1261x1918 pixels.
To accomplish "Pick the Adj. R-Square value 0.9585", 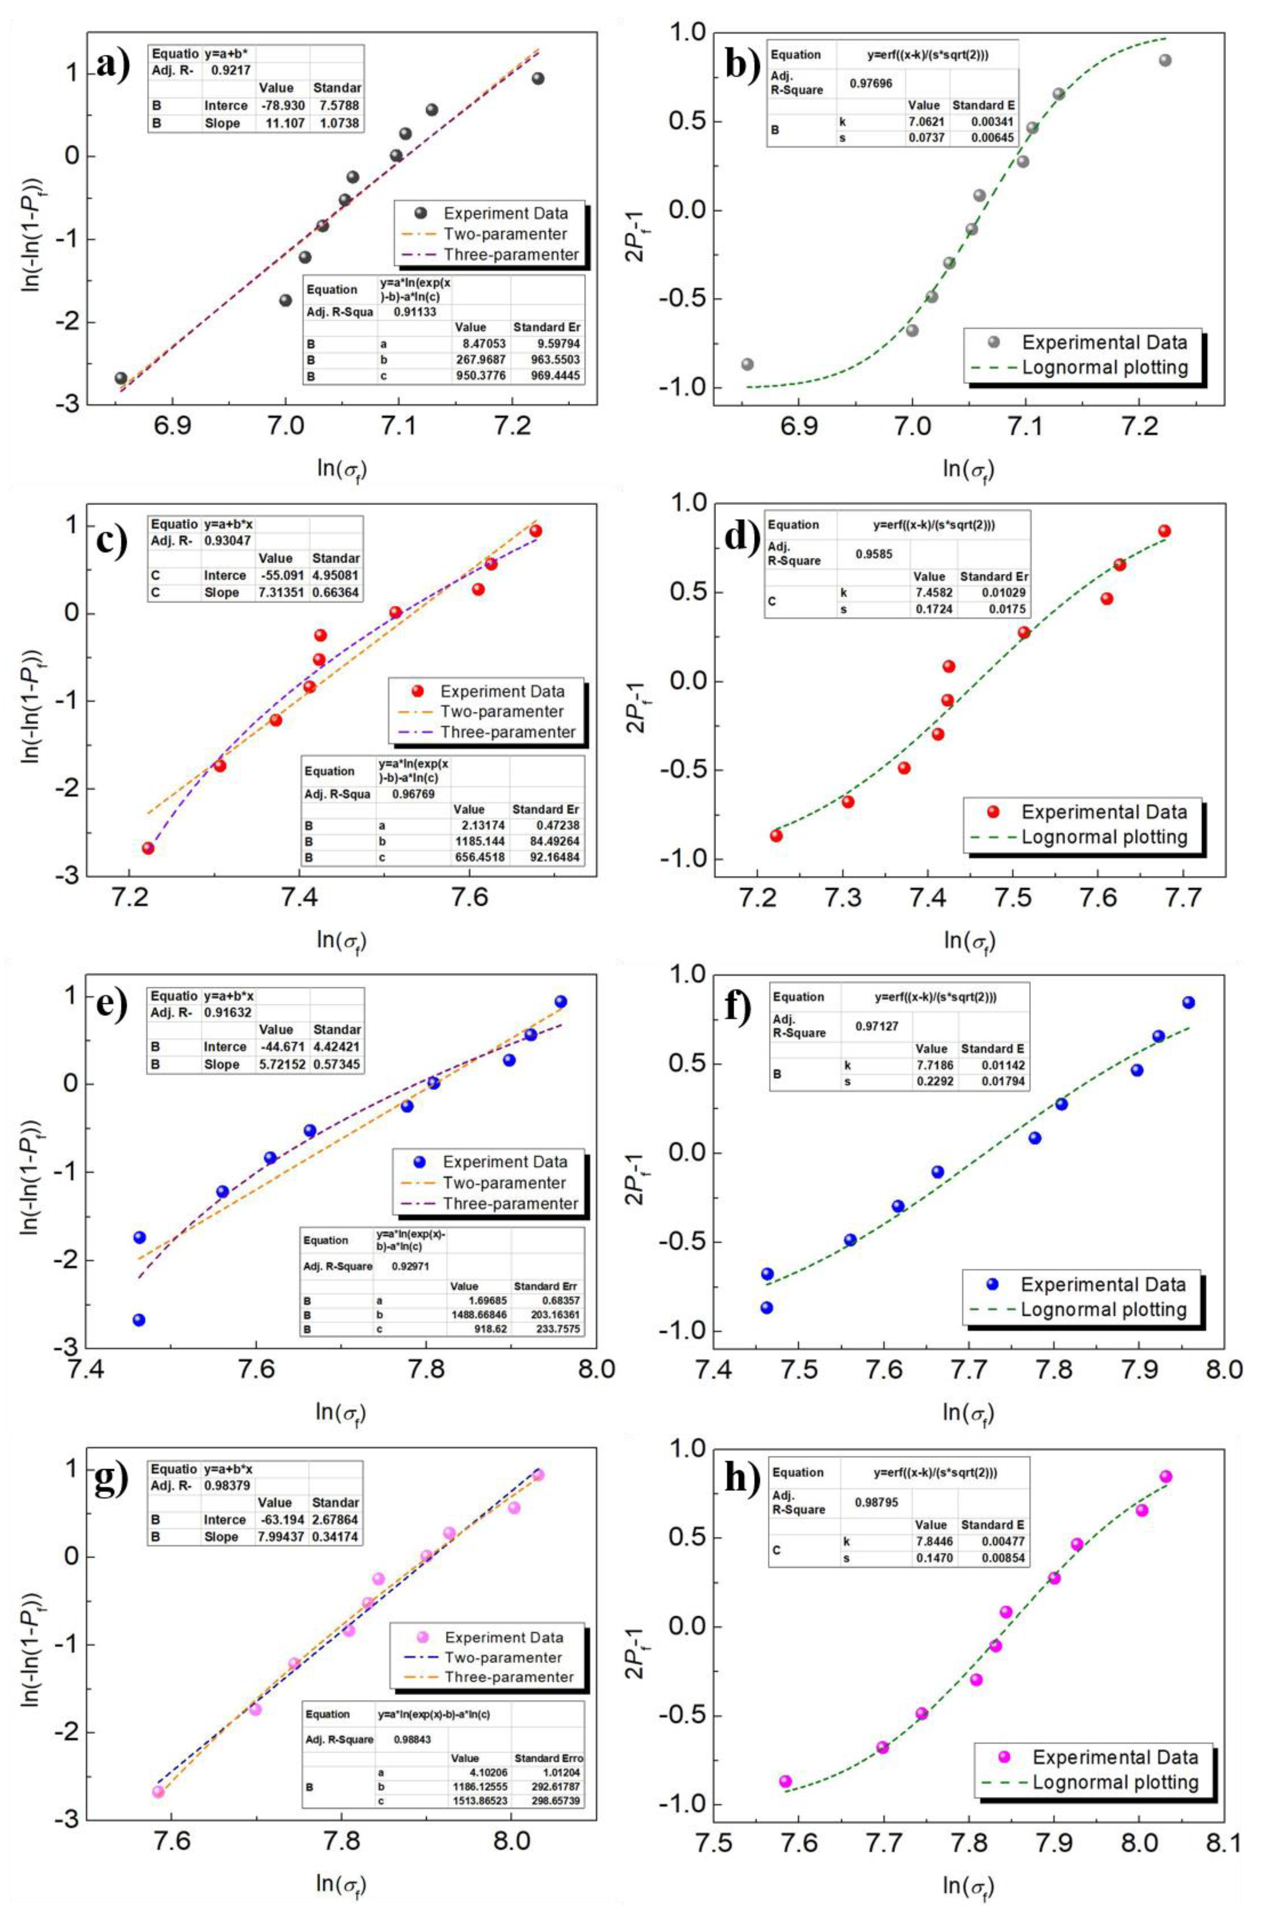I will point(874,554).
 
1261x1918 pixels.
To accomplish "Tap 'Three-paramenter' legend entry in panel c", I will point(507,732).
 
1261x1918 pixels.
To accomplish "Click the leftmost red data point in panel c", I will point(148,848).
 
